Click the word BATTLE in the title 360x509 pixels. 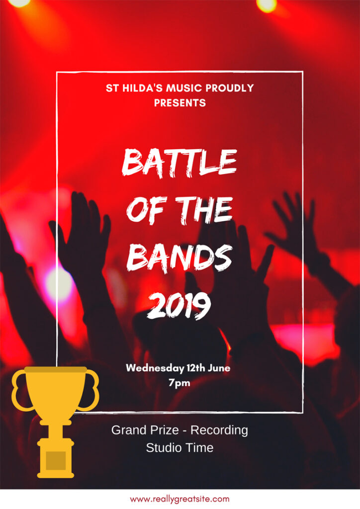pyautogui.click(x=180, y=163)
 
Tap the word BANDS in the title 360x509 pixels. pyautogui.click(x=180, y=257)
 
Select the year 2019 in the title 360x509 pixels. pyautogui.click(x=179, y=305)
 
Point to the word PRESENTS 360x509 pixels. pyautogui.click(x=180, y=103)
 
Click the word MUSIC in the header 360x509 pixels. pyautogui.click(x=184, y=88)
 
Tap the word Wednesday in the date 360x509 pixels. pyautogui.click(x=155, y=368)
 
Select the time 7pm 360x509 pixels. pyautogui.click(x=179, y=383)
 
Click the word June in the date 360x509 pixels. pyautogui.click(x=219, y=368)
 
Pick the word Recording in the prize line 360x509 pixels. pyautogui.click(x=219, y=430)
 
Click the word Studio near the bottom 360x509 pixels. pyautogui.click(x=161, y=448)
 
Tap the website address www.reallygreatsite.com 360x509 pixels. pyautogui.click(x=180, y=499)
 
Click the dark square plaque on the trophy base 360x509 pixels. pyautogui.click(x=56, y=460)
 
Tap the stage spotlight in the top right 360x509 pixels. pyautogui.click(x=267, y=5)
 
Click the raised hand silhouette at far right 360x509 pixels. pyautogui.click(x=292, y=224)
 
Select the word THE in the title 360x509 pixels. pyautogui.click(x=204, y=210)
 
